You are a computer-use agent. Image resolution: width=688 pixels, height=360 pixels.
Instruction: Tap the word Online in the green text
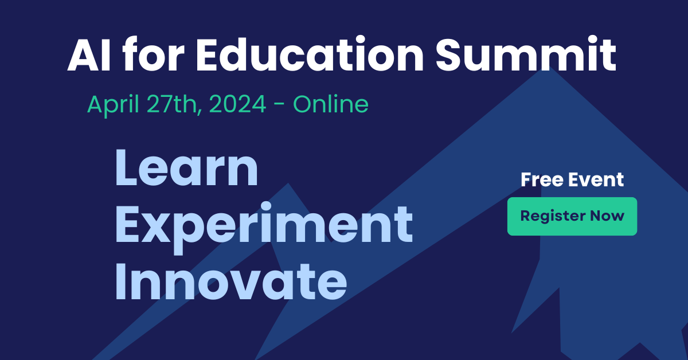point(330,104)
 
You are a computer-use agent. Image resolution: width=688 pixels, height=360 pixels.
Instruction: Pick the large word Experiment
point(264,225)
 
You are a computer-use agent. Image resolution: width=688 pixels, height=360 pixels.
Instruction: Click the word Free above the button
point(541,179)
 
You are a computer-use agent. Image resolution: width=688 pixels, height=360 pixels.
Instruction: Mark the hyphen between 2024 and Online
point(280,106)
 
